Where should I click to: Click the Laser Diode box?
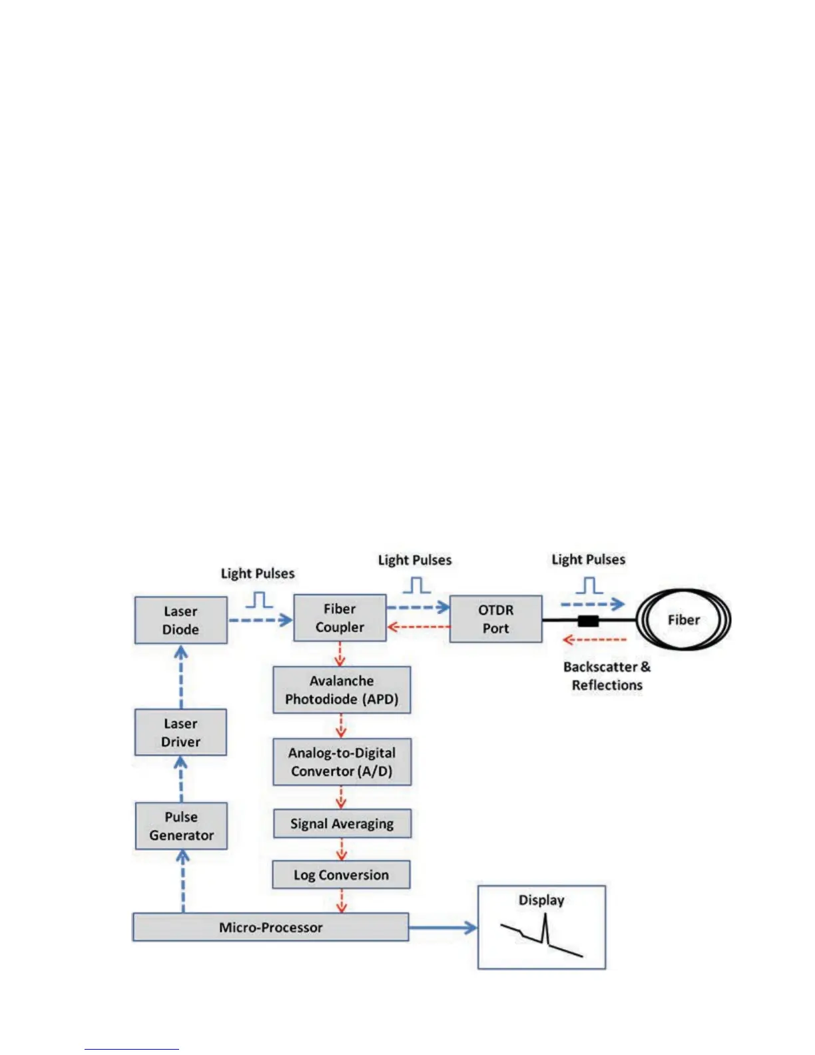pyautogui.click(x=180, y=620)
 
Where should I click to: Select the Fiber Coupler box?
pyautogui.click(x=340, y=618)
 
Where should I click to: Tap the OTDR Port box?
pyautogui.click(x=495, y=619)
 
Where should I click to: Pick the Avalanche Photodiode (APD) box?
pyautogui.click(x=342, y=690)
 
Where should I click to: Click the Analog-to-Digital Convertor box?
pyautogui.click(x=342, y=762)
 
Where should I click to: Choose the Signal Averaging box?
pyautogui.click(x=342, y=824)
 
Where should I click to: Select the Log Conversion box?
pyautogui.click(x=341, y=875)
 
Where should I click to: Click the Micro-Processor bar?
pyautogui.click(x=270, y=927)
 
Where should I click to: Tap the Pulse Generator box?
pyautogui.click(x=181, y=826)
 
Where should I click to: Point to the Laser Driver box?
pyautogui.click(x=180, y=733)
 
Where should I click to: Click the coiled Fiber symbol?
pyautogui.click(x=684, y=620)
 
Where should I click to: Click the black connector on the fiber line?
pyautogui.click(x=588, y=621)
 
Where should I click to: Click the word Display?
pyautogui.click(x=541, y=900)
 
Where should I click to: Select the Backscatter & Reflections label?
pyautogui.click(x=607, y=676)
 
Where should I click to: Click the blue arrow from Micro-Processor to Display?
pyautogui.click(x=443, y=927)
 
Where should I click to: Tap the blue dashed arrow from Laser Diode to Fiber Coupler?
pyautogui.click(x=260, y=620)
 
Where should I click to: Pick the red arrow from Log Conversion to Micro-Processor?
pyautogui.click(x=342, y=900)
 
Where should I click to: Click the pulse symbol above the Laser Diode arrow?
pyautogui.click(x=259, y=600)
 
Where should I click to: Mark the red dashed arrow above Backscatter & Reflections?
pyautogui.click(x=594, y=640)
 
